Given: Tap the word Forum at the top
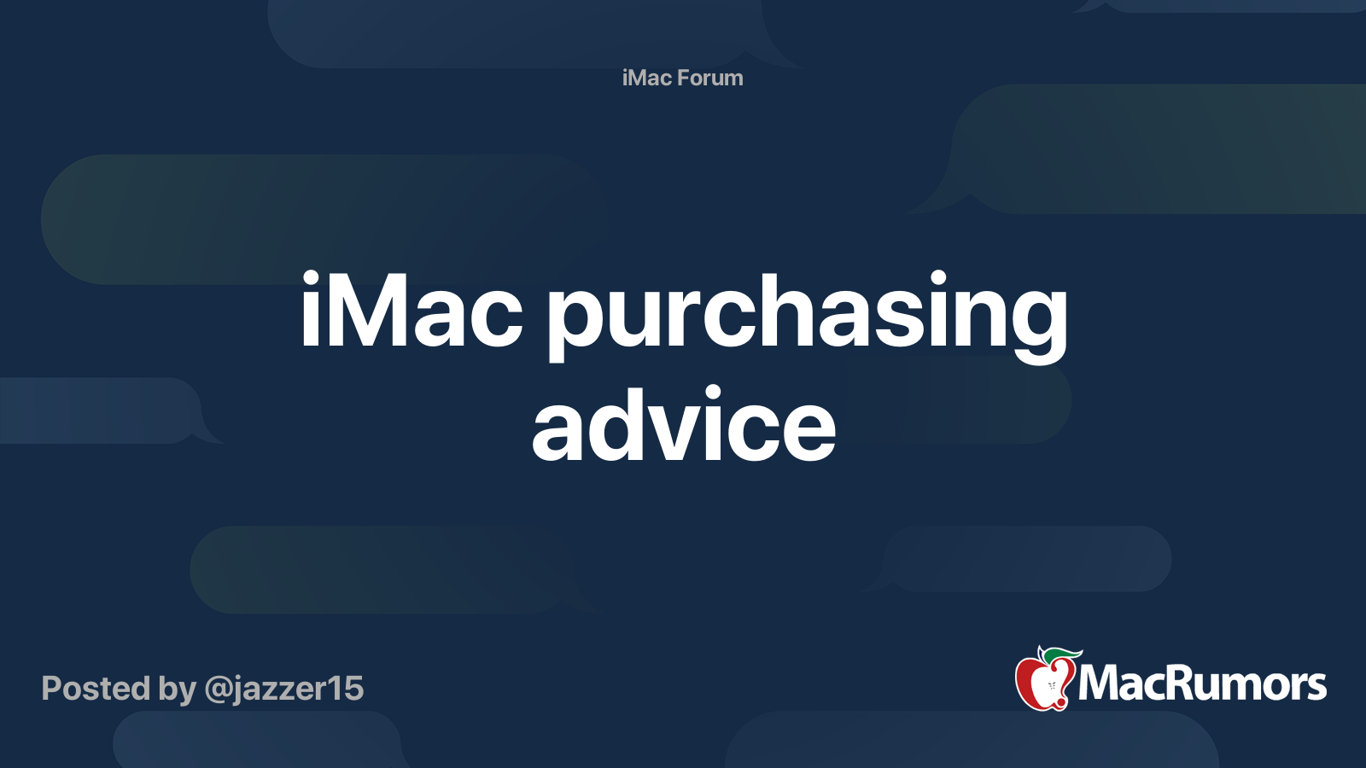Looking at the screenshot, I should tap(710, 78).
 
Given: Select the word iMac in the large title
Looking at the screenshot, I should tap(411, 312).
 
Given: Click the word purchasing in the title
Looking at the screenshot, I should tap(807, 316).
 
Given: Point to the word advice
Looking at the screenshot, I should tap(683, 426).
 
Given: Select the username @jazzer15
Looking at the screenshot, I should tap(283, 689).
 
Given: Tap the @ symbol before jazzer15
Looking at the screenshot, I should tap(218, 689).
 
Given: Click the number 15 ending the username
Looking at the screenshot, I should tap(349, 689).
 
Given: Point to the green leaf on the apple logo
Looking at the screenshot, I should tap(1061, 655).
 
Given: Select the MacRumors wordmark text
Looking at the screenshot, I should tap(1202, 684).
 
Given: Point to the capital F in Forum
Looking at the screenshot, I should tap(684, 78).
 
